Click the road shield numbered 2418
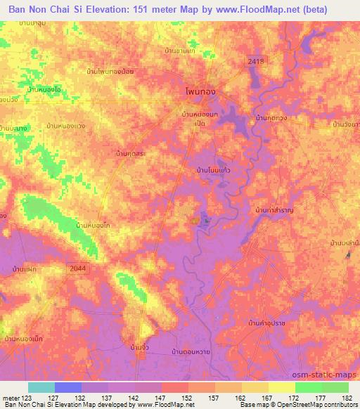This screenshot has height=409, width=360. [x=255, y=63]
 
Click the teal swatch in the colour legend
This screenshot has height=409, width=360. [x=41, y=387]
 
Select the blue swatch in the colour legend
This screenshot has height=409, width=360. [x=68, y=387]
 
